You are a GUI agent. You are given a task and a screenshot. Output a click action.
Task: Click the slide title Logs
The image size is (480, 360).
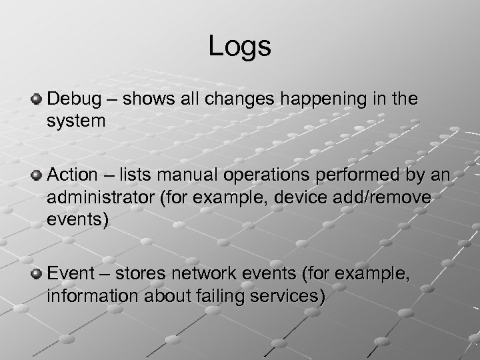click(x=239, y=46)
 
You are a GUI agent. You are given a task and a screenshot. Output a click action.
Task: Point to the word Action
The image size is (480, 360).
click(x=71, y=176)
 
